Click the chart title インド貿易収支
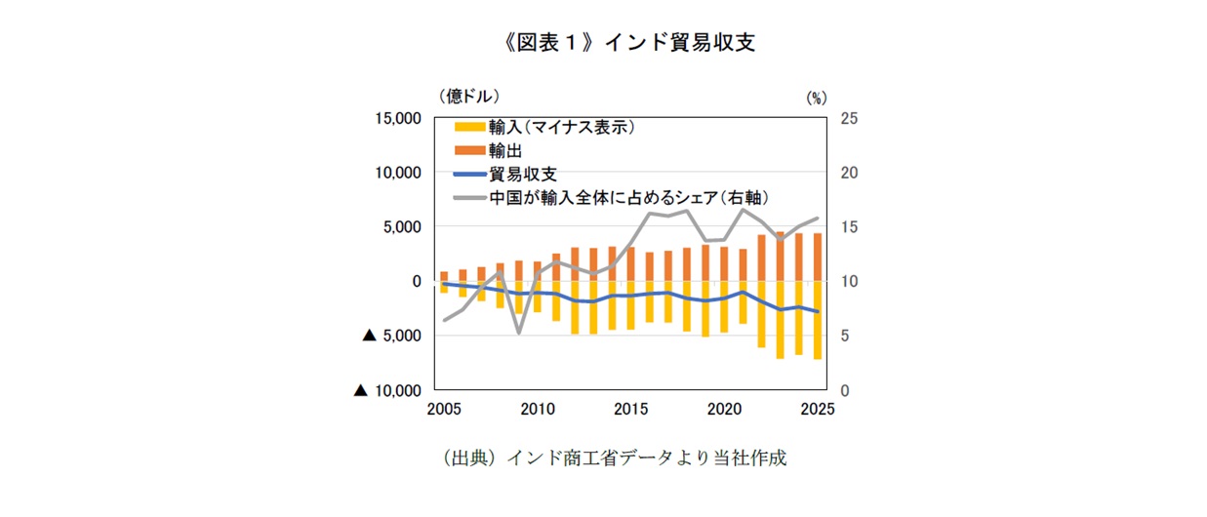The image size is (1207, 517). (x=602, y=42)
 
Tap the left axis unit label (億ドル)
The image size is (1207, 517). (x=469, y=96)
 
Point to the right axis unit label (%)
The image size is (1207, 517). (x=816, y=98)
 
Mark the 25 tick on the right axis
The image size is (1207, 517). (x=849, y=118)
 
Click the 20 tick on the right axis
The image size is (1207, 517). (x=849, y=173)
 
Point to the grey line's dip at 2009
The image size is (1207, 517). (x=518, y=332)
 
